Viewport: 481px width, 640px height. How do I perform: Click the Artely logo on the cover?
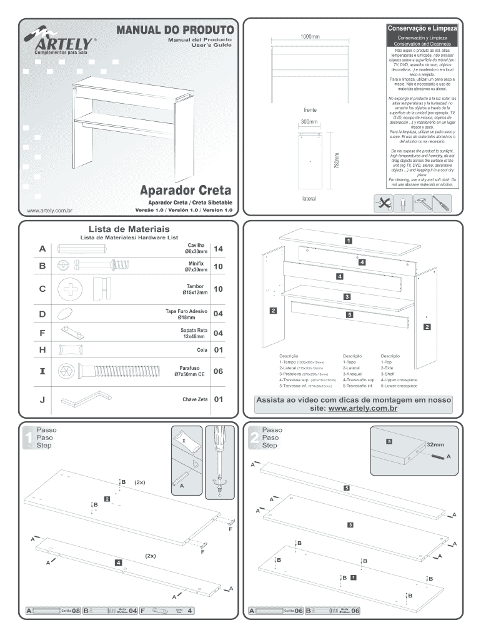pyautogui.click(x=60, y=42)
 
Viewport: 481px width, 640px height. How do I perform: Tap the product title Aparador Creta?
pyautogui.click(x=185, y=189)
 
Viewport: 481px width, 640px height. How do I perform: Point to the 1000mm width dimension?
pyautogui.click(x=310, y=37)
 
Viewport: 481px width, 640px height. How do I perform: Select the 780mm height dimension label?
pyautogui.click(x=336, y=164)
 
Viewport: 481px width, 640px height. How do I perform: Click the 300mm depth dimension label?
pyautogui.click(x=309, y=121)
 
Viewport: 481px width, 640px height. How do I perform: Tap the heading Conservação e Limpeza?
pyautogui.click(x=423, y=29)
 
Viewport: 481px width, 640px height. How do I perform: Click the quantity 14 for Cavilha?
pyautogui.click(x=219, y=249)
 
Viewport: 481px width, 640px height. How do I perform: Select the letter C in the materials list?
pyautogui.click(x=42, y=289)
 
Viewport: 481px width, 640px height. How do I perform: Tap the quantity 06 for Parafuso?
pyautogui.click(x=219, y=372)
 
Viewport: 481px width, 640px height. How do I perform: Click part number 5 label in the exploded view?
pyautogui.click(x=349, y=315)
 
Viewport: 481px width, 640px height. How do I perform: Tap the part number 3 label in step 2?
pyautogui.click(x=350, y=524)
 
